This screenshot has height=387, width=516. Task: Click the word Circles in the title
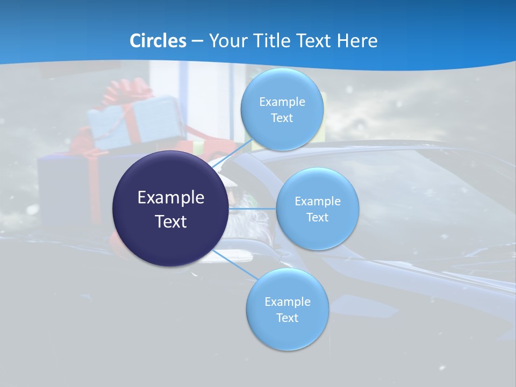(x=158, y=41)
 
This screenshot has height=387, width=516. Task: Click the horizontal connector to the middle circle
(x=253, y=208)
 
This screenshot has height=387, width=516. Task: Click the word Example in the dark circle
(x=170, y=198)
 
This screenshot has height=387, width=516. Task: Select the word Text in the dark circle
(x=170, y=221)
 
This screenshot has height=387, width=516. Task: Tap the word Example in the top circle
(x=282, y=102)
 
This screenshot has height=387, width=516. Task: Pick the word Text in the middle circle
(x=317, y=217)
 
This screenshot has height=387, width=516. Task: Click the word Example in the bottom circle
(x=287, y=302)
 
